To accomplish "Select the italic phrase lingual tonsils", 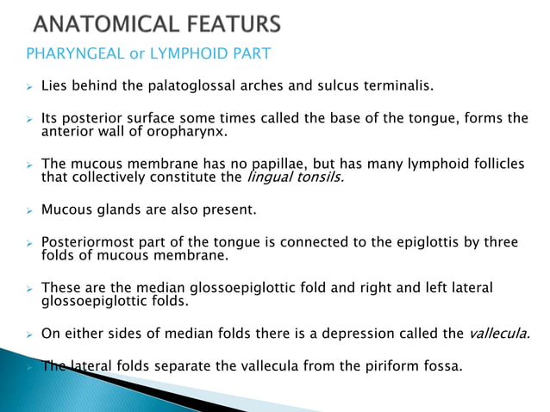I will [294, 178].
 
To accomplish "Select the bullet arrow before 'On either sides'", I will [28, 334].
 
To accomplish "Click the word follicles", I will [494, 165].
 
